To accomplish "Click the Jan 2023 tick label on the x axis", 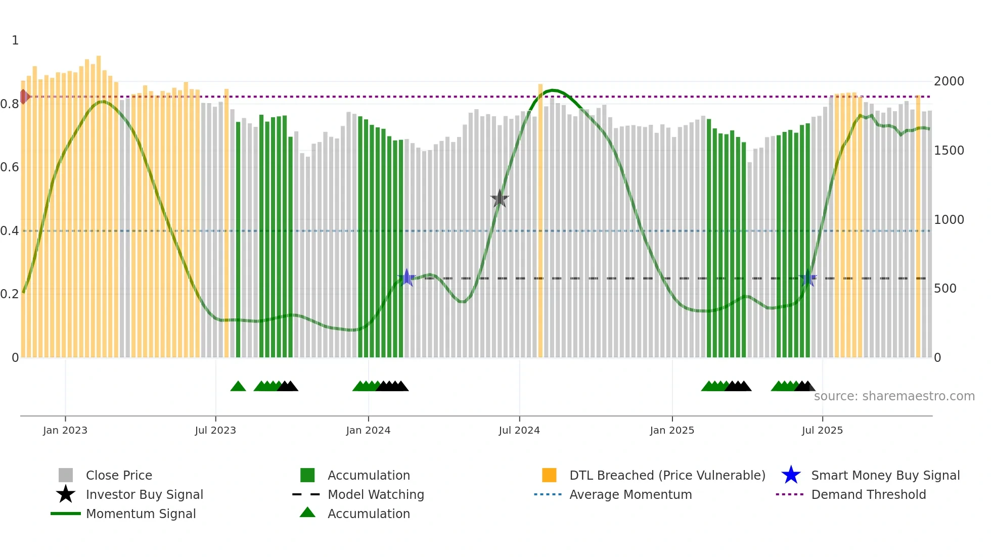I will pyautogui.click(x=65, y=430).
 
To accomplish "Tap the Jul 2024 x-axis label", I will pyautogui.click(x=519, y=430).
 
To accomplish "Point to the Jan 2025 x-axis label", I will pyautogui.click(x=672, y=430).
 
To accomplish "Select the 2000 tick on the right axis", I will pyautogui.click(x=949, y=81).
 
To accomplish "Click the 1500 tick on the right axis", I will pyautogui.click(x=949, y=151).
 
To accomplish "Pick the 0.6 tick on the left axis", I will pyautogui.click(x=10, y=167).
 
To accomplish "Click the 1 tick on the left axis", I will pyautogui.click(x=15, y=40).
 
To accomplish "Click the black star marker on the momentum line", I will pyautogui.click(x=500, y=199).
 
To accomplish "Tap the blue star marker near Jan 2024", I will pyautogui.click(x=407, y=277).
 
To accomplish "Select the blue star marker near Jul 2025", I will pyautogui.click(x=808, y=277).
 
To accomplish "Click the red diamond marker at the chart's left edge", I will pyautogui.click(x=24, y=97).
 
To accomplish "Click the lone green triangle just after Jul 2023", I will pyautogui.click(x=238, y=387).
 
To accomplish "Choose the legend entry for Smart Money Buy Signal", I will pyautogui.click(x=885, y=476).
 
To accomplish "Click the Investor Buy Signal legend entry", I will pyautogui.click(x=144, y=495).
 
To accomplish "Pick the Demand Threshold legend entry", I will pyautogui.click(x=868, y=495).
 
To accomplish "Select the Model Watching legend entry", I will pyautogui.click(x=376, y=495).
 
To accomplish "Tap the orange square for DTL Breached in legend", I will pyautogui.click(x=549, y=476).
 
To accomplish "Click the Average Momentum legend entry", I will pyautogui.click(x=630, y=495).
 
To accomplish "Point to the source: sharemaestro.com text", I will pyautogui.click(x=894, y=396).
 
